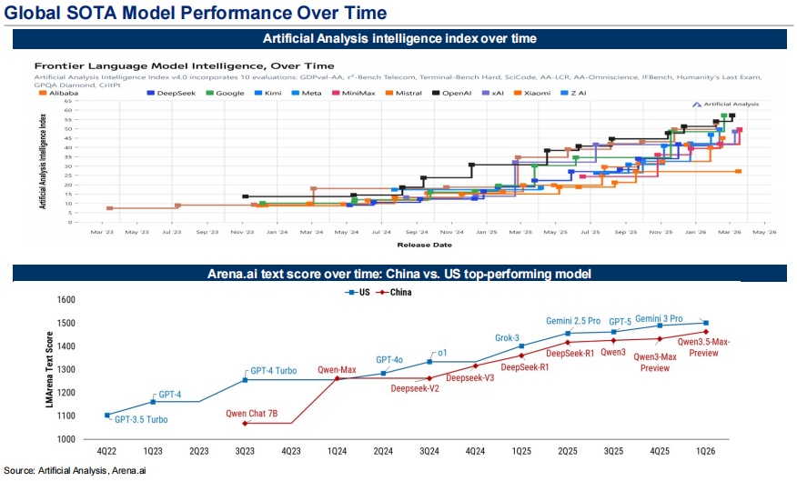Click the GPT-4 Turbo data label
[274, 371]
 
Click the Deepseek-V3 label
[470, 377]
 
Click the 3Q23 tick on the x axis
[245, 451]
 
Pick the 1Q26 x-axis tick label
[706, 451]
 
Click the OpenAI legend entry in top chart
[457, 93]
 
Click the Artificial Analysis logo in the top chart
[725, 105]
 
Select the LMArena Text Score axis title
[50, 369]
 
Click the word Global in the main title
[37, 14]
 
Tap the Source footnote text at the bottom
[80, 470]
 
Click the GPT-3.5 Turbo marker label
[141, 420]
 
